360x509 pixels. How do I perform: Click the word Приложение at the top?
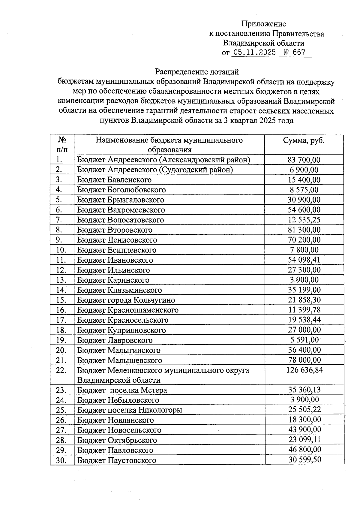point(264,24)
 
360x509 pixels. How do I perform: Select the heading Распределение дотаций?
point(197,72)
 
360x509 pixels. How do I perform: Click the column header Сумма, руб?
point(304,140)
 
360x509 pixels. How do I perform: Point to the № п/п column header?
point(62,145)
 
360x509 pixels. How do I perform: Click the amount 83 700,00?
point(304,160)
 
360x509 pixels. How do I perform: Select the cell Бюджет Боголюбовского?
point(121,190)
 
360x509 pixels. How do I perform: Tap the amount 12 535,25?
point(304,220)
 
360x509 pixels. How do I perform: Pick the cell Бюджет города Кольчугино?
point(126,300)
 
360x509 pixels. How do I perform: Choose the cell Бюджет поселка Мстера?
point(122,390)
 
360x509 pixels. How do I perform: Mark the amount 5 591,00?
point(304,340)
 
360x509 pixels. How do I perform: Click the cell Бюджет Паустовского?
point(117,460)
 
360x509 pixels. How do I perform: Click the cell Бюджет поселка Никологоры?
point(130,410)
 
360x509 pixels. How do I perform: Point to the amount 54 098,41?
point(304,260)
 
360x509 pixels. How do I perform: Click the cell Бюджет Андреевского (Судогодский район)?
point(155,170)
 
